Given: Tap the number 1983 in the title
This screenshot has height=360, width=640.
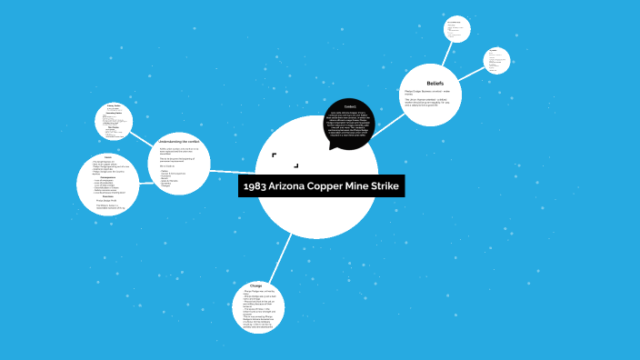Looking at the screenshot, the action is coord(255,186).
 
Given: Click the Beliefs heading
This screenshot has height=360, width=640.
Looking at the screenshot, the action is coord(435,83).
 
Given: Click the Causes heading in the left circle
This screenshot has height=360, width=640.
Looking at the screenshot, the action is coord(107,158).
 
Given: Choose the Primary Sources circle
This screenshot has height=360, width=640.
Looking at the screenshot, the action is coord(120,121).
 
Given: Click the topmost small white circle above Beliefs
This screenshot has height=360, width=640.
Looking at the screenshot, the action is coord(456,28).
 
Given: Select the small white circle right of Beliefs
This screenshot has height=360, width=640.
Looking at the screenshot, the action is coord(496,61).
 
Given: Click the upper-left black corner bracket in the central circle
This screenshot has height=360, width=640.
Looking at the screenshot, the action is coord(274,155).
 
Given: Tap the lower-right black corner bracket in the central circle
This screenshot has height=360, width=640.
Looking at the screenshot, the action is coord(297,166).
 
